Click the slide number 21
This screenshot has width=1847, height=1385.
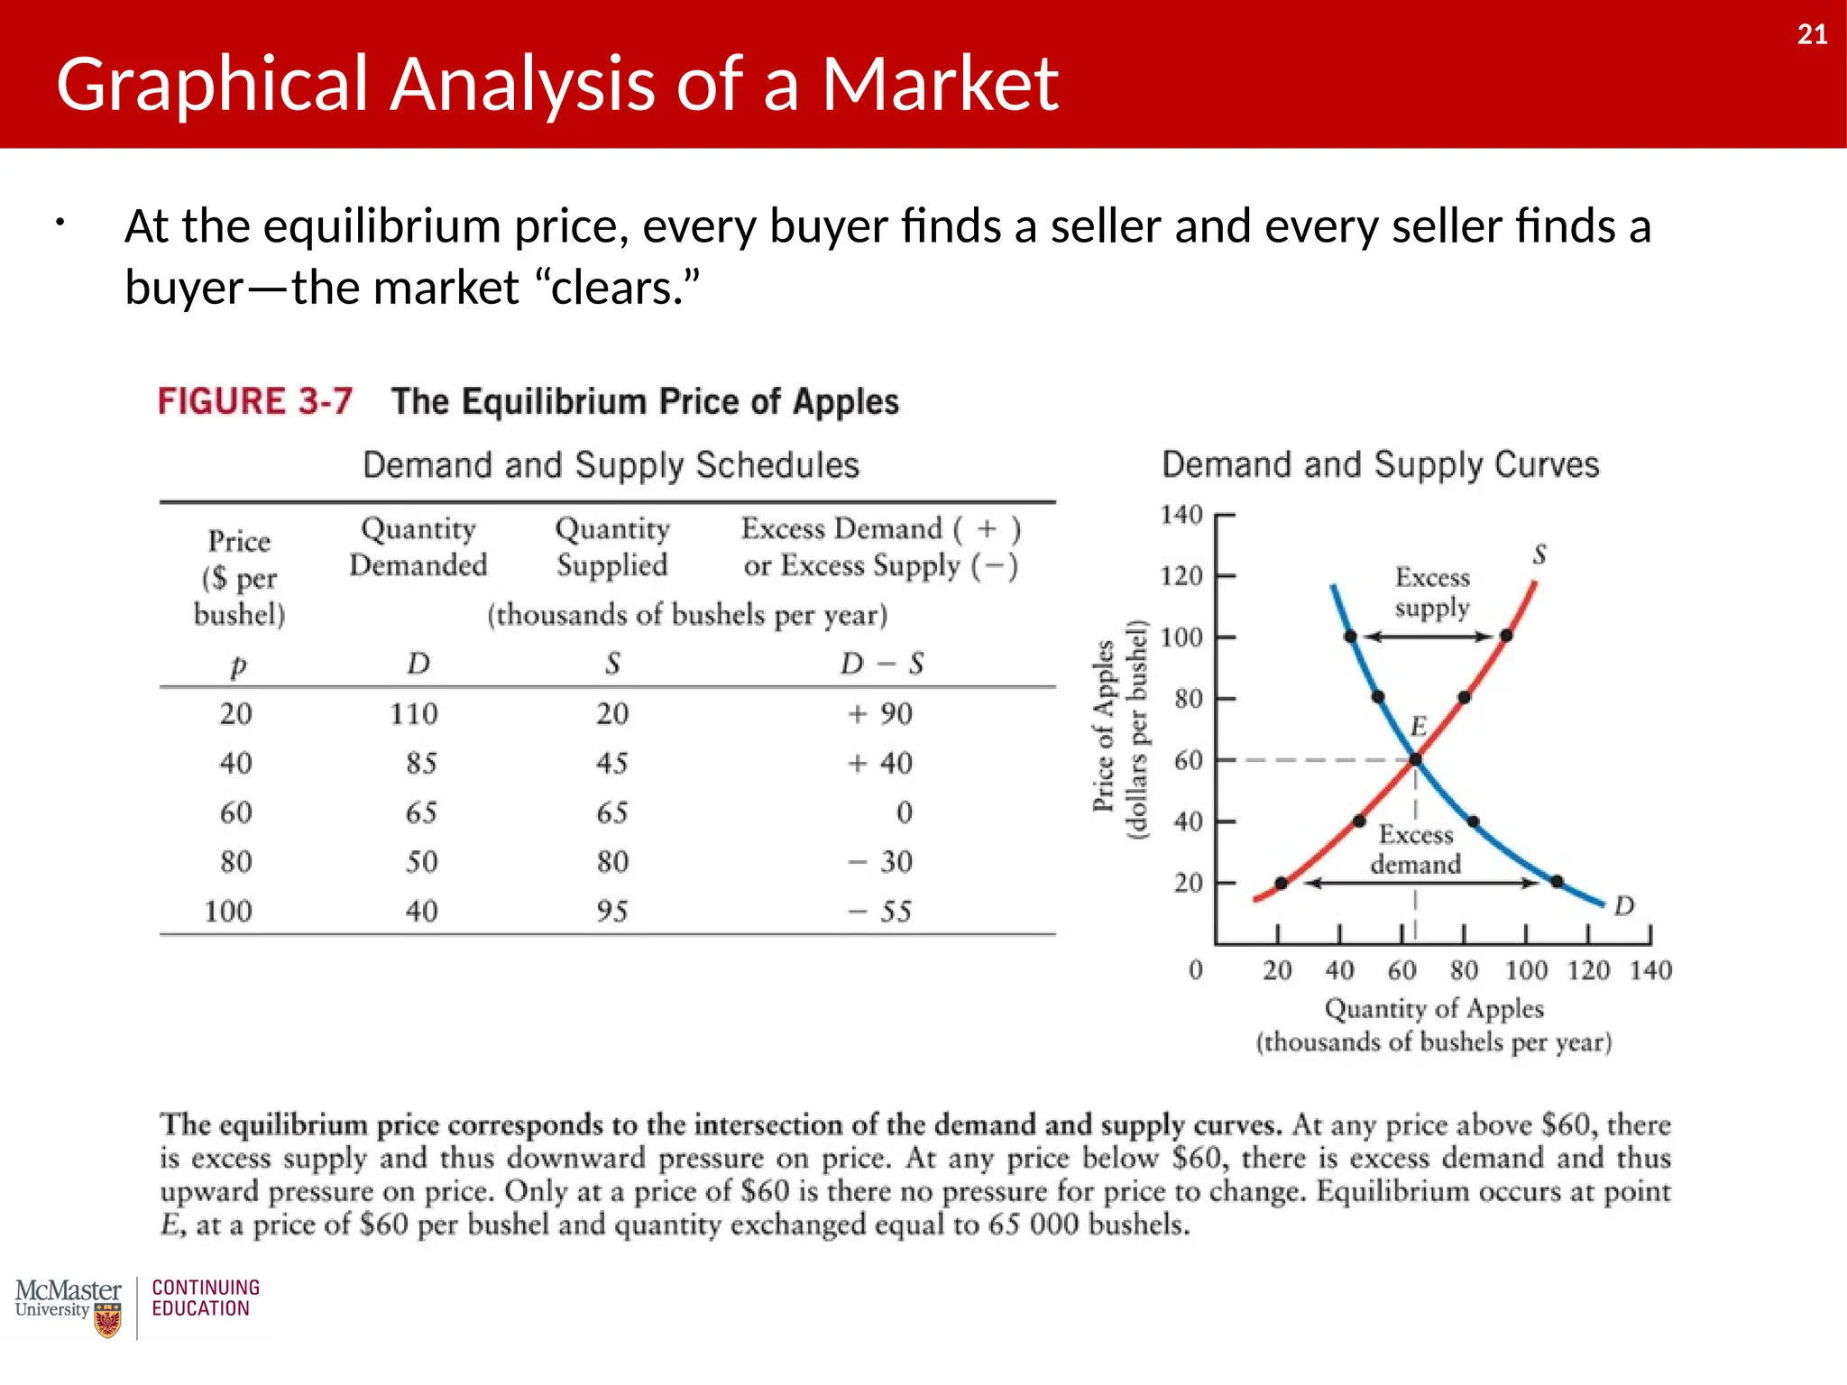(x=1812, y=34)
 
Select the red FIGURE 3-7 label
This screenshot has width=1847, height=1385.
(x=254, y=401)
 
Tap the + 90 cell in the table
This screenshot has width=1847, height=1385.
(x=880, y=713)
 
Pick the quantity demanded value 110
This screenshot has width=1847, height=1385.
(x=413, y=713)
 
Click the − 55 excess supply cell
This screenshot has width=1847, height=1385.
(x=880, y=911)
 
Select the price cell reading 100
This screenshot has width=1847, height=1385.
(x=228, y=911)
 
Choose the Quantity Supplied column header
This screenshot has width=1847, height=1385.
(x=612, y=546)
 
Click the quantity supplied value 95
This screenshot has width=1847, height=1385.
(x=612, y=911)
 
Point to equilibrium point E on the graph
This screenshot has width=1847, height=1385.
(x=1415, y=759)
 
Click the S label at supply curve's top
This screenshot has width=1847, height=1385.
(x=1539, y=554)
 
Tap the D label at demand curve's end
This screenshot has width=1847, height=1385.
(x=1624, y=905)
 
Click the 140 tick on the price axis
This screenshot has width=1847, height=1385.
(x=1181, y=515)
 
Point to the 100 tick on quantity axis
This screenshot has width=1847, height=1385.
(x=1526, y=970)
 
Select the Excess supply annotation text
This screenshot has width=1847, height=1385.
(x=1432, y=592)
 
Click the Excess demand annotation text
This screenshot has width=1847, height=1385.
(x=1416, y=849)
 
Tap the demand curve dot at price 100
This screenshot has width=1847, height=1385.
(x=1350, y=637)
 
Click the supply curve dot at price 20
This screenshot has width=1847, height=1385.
(x=1282, y=883)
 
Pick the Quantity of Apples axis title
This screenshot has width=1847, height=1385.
(x=1434, y=1008)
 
